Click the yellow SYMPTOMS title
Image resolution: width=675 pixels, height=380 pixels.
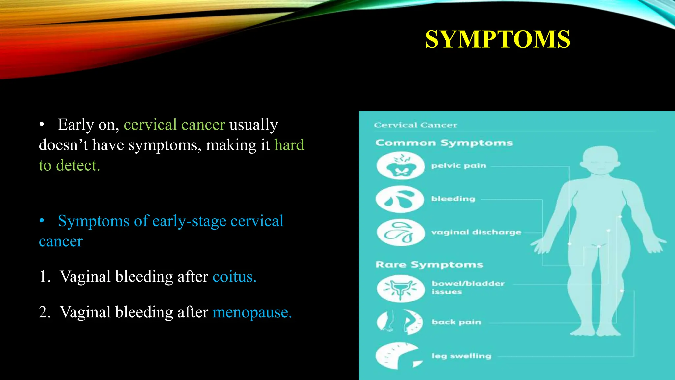pyautogui.click(x=497, y=39)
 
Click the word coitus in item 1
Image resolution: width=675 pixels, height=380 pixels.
pyautogui.click(x=234, y=276)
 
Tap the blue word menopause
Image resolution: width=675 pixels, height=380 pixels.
pyautogui.click(x=252, y=312)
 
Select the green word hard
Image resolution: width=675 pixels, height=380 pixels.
pyautogui.click(x=289, y=145)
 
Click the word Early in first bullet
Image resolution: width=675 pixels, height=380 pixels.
pyautogui.click(x=76, y=125)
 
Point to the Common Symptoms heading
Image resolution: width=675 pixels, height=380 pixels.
pyautogui.click(x=444, y=143)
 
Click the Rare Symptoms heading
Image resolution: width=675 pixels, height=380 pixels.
pyautogui.click(x=429, y=265)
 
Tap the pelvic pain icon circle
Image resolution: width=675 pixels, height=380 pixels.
pyautogui.click(x=400, y=165)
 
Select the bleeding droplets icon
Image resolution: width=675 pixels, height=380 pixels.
pyautogui.click(x=400, y=199)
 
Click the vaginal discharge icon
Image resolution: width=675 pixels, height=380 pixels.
pyautogui.click(x=400, y=233)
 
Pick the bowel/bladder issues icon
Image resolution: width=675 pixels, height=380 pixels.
pyautogui.click(x=400, y=289)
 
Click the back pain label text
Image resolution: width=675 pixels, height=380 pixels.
pyautogui.click(x=456, y=322)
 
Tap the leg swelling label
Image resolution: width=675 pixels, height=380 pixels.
pyautogui.click(x=461, y=356)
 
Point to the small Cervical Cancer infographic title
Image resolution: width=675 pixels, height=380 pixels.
pyautogui.click(x=416, y=125)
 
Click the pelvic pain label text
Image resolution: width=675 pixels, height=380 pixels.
pyautogui.click(x=459, y=166)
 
